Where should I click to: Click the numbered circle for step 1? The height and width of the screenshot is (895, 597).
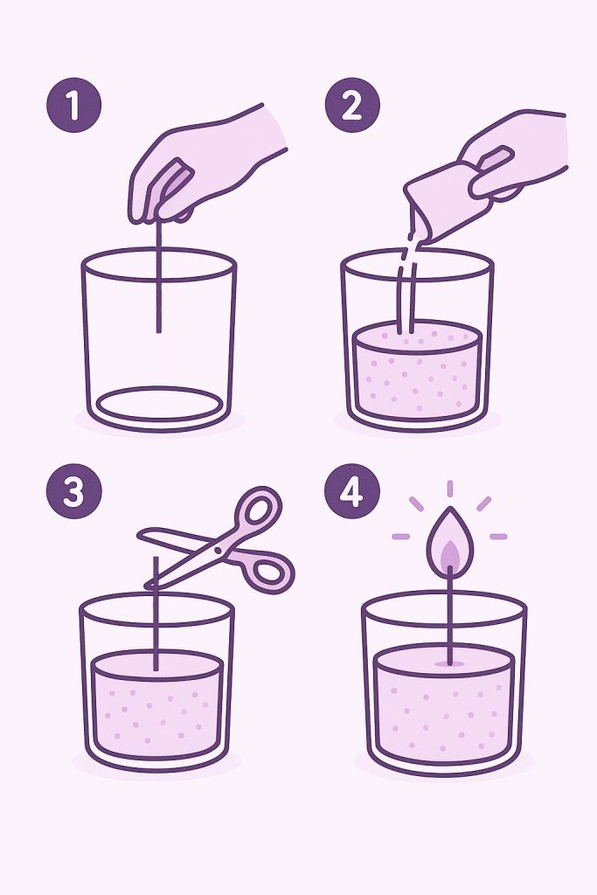point(73,106)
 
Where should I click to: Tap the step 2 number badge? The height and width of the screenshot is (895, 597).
point(352,106)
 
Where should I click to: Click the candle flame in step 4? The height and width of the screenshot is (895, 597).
point(449,542)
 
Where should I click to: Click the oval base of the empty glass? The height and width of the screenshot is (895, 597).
point(158,404)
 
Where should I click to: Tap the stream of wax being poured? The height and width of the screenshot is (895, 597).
point(405,280)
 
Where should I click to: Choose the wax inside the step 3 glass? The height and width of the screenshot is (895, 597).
point(157,708)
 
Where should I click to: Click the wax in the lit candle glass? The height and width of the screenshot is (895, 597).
point(443,708)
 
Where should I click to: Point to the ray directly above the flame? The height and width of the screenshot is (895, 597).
point(449,488)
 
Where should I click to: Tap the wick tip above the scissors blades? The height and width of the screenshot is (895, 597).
point(156,564)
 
